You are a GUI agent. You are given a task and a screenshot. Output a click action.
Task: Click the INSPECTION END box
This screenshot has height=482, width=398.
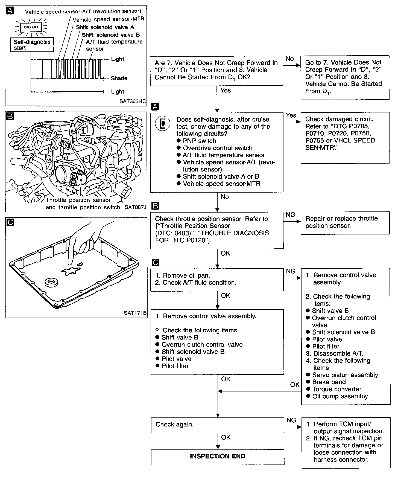click(x=217, y=457)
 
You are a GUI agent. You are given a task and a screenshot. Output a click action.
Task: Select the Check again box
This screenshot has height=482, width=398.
click(x=217, y=425)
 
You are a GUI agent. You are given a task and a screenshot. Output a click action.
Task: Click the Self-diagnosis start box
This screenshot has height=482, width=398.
click(x=32, y=45)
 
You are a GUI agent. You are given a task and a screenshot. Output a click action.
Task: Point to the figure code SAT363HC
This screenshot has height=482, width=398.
click(x=133, y=101)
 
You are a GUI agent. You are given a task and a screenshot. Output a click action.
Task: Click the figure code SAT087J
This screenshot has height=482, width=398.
click(x=135, y=207)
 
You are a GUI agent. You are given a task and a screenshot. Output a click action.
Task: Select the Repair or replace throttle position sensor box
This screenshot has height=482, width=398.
click(x=345, y=222)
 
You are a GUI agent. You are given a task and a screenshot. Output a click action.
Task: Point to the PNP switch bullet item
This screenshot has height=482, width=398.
click(x=199, y=141)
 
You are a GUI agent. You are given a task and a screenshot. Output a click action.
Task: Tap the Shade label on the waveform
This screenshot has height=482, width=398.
click(x=119, y=78)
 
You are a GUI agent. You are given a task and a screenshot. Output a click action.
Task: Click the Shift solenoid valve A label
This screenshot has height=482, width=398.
click(x=105, y=27)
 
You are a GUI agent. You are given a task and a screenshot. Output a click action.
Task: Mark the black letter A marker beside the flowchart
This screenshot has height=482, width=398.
click(x=155, y=107)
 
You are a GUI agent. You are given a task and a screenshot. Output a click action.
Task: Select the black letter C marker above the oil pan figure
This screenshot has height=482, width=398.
click(x=10, y=222)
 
